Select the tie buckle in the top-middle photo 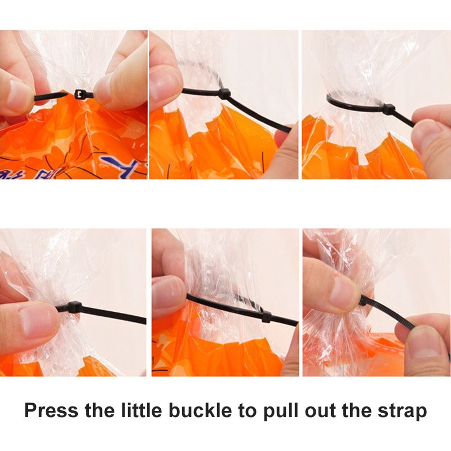224,94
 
